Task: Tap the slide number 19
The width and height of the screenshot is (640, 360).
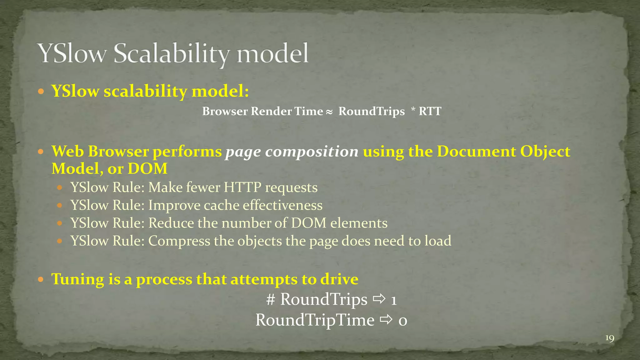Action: click(x=610, y=338)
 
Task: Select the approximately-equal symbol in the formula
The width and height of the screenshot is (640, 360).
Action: click(x=329, y=112)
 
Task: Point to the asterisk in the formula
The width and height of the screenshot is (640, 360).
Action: click(x=413, y=111)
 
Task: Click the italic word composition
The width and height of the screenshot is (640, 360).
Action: click(x=312, y=152)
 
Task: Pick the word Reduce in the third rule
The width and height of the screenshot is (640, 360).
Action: click(x=171, y=223)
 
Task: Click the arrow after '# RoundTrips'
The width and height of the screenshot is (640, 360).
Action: click(x=379, y=299)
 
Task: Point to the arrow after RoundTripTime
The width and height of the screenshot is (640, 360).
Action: click(x=386, y=320)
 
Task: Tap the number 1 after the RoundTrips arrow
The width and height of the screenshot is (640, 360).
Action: click(x=394, y=300)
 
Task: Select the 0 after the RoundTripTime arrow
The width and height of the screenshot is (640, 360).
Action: click(x=402, y=321)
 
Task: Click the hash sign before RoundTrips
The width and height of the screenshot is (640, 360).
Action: click(x=271, y=299)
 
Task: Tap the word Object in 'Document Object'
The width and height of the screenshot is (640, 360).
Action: click(x=545, y=152)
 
